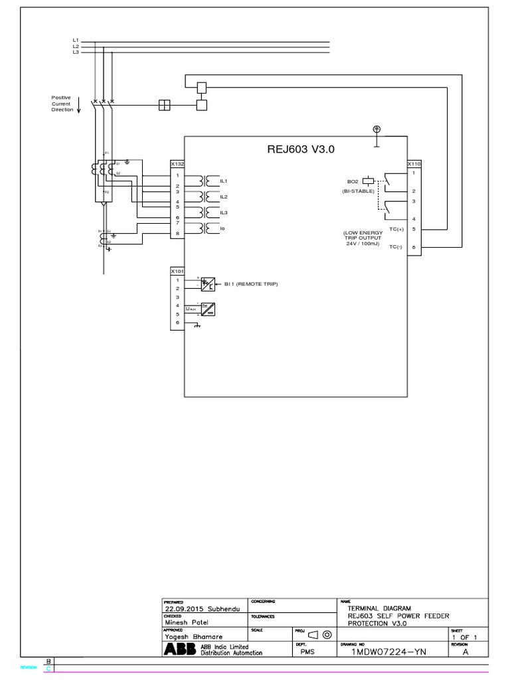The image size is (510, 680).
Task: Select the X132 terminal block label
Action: (177, 163)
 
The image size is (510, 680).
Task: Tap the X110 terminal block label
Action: (414, 163)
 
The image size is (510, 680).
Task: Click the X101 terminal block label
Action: (177, 271)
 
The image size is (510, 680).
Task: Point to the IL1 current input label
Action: (224, 181)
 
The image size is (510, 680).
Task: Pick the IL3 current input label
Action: (224, 212)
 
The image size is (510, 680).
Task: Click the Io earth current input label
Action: (223, 228)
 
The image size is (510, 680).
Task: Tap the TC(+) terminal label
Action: (396, 229)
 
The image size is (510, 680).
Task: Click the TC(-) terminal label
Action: (396, 246)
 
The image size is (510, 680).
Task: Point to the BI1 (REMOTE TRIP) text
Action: (251, 284)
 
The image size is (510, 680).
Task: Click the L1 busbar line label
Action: (76, 41)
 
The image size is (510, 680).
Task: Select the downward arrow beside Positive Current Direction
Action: (79, 104)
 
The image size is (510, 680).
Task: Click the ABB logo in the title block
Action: (177, 649)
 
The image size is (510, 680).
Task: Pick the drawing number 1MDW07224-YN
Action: (389, 652)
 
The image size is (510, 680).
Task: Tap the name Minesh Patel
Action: (188, 623)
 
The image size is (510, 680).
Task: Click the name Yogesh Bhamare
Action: (195, 636)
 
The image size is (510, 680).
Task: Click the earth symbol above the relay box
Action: (377, 129)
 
